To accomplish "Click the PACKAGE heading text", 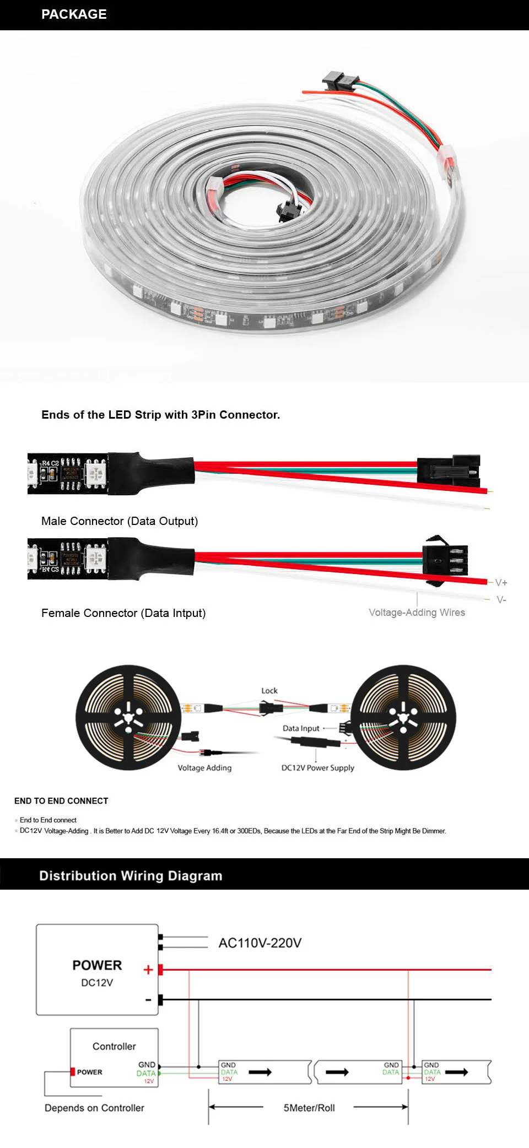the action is click(74, 14).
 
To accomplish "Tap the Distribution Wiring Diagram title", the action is click(131, 876).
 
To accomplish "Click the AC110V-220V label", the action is click(260, 943).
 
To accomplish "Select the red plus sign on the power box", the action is click(148, 970).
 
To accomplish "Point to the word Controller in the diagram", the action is click(114, 1046).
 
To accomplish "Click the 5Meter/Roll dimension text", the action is click(309, 1108).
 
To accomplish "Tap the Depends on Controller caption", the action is click(94, 1108).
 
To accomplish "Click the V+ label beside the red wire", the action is click(501, 582).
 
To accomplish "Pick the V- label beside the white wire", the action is click(501, 599).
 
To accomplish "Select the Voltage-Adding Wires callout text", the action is click(417, 612).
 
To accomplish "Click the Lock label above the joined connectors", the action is click(269, 690).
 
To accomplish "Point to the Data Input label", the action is click(301, 728).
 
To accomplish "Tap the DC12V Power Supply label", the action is click(317, 767).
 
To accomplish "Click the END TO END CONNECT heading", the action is click(61, 800).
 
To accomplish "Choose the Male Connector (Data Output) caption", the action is click(120, 521).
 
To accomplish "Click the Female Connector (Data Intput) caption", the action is click(123, 613).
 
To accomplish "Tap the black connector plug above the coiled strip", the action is click(337, 81).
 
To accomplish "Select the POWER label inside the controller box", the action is click(89, 1072).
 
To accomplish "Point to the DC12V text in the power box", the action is click(97, 982).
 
